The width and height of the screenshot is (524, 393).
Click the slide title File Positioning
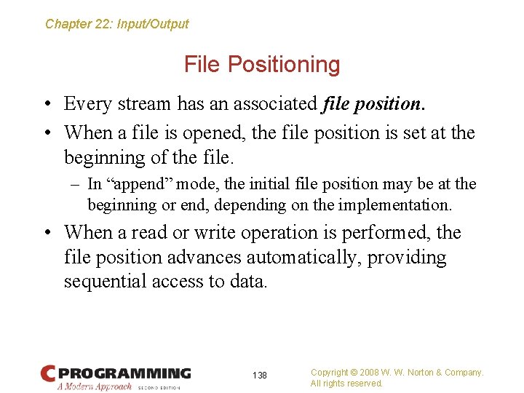click(262, 64)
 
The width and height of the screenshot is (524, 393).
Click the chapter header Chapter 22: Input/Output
click(116, 24)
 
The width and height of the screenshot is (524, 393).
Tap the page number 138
click(260, 376)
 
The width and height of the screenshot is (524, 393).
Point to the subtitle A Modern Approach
click(95, 386)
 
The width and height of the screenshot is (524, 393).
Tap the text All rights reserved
click(346, 384)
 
